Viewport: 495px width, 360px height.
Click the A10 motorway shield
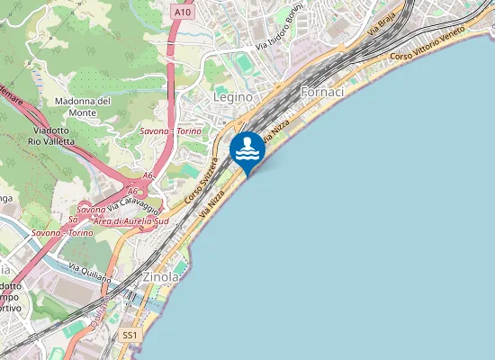182,13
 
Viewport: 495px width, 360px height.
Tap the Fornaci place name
322,93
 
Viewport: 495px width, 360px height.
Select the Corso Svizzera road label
202,181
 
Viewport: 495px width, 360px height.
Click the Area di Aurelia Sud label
131,220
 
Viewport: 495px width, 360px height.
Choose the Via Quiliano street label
90,271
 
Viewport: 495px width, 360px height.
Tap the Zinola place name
161,278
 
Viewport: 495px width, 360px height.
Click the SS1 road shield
130,335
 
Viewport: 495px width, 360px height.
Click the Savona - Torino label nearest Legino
170,130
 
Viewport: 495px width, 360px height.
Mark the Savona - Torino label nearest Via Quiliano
58,232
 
